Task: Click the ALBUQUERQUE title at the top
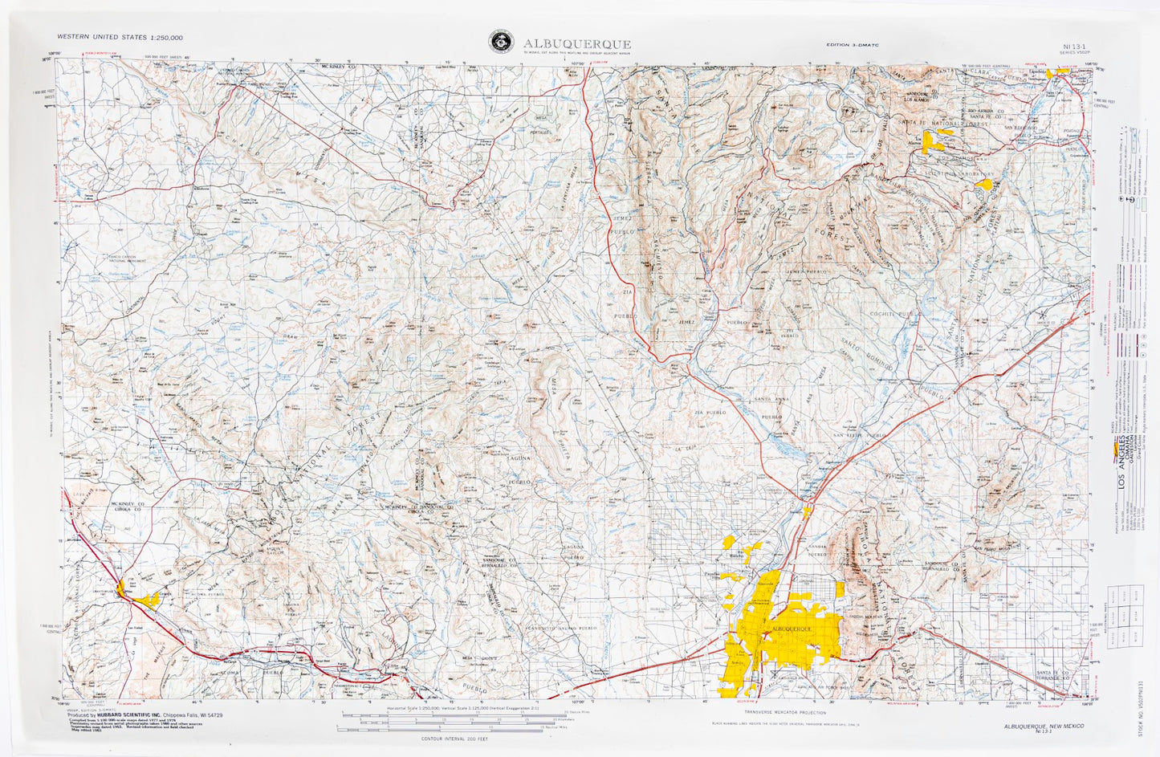point(576,43)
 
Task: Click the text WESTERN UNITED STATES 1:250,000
point(120,37)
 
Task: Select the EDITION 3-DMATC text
point(853,45)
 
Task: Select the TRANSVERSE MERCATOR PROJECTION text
point(784,712)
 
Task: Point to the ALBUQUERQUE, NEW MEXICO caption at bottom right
point(1037,725)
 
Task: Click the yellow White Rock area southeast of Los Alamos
point(983,185)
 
